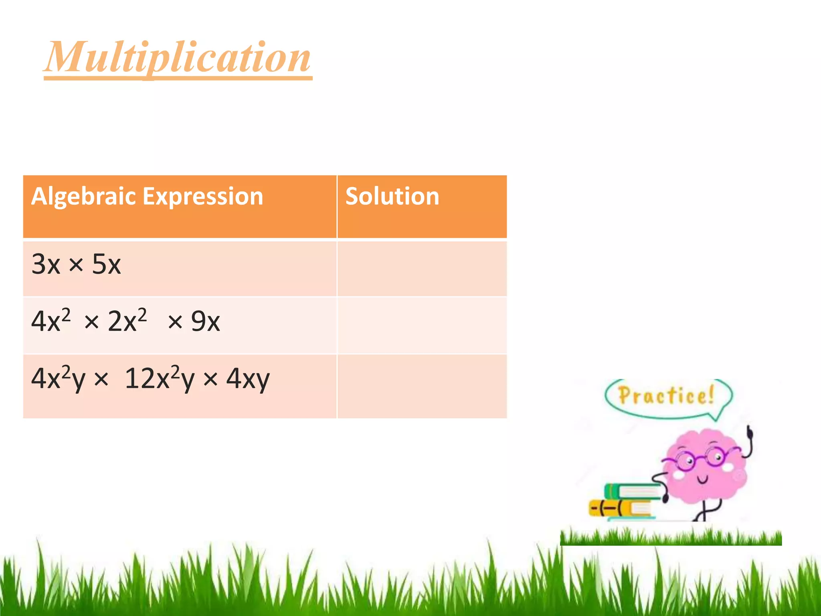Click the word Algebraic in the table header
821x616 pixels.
coord(84,196)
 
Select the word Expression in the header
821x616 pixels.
coord(203,196)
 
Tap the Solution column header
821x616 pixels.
coord(392,196)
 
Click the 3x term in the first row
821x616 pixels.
coord(46,264)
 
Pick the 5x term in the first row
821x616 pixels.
coord(106,264)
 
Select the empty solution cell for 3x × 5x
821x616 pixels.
coord(422,268)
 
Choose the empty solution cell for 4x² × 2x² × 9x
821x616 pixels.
coord(422,325)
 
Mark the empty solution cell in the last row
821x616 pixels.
coord(422,386)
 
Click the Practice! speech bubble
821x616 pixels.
coord(667,397)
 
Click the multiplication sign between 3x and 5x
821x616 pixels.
coord(76,265)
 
